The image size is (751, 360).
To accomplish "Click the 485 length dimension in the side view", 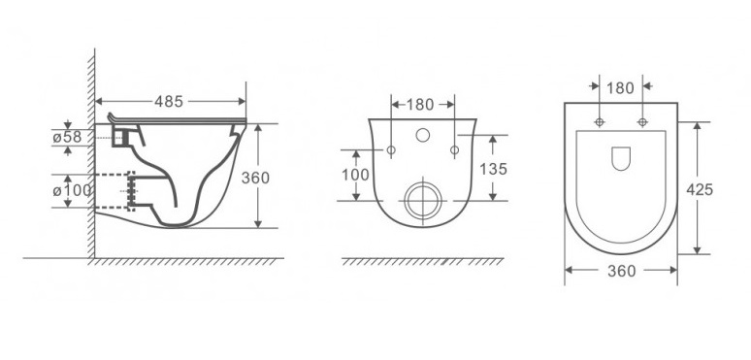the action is (169, 102).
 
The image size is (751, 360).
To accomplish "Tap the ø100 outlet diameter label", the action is (72, 190).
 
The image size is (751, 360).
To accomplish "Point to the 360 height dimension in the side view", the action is (255, 178).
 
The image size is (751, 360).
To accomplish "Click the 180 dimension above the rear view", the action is (419, 105).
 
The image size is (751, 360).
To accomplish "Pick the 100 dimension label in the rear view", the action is (355, 175).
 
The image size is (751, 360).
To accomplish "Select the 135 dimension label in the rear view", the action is (493, 169).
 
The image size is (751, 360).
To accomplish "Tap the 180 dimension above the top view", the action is (620, 88).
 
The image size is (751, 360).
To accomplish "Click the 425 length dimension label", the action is (700, 190).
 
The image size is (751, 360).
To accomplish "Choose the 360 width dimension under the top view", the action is (621, 271).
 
